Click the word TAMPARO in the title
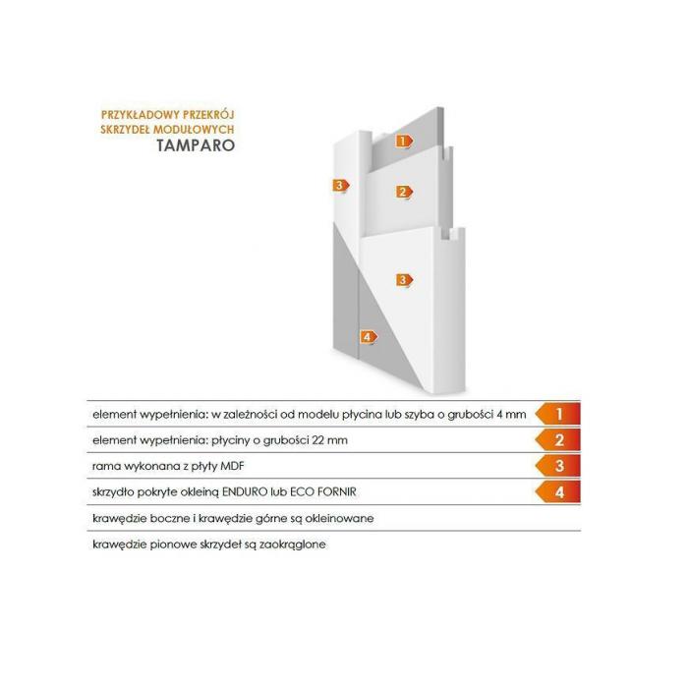(x=196, y=145)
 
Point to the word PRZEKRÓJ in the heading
(x=208, y=115)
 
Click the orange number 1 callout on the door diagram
(x=404, y=142)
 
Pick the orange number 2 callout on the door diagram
(x=404, y=192)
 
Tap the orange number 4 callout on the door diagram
(x=369, y=337)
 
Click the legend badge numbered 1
(x=557, y=414)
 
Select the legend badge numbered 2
(x=557, y=439)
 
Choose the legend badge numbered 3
(x=557, y=466)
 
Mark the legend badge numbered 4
(x=557, y=491)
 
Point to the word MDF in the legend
(x=232, y=466)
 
